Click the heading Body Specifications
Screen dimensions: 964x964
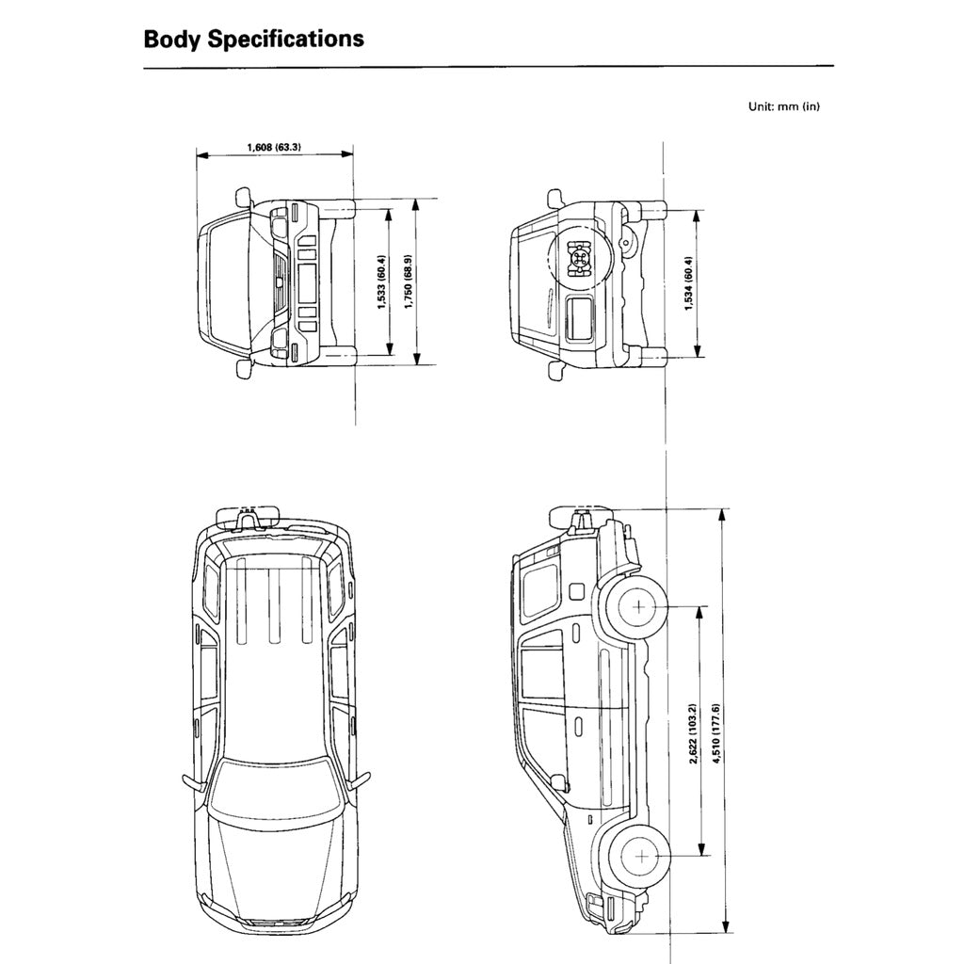pyautogui.click(x=253, y=40)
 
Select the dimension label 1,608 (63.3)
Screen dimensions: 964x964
pyautogui.click(x=280, y=147)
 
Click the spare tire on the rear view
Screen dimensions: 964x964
pyautogui.click(x=577, y=256)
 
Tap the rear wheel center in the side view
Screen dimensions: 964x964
pyautogui.click(x=641, y=606)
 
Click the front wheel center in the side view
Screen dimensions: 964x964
pyautogui.click(x=641, y=856)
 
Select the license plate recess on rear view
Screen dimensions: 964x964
pyautogui.click(x=580, y=316)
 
